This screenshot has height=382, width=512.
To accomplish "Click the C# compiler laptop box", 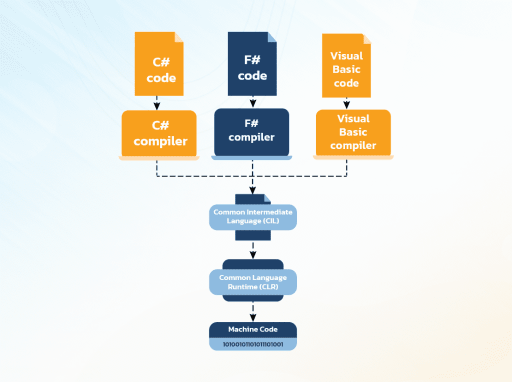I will pyautogui.click(x=159, y=133).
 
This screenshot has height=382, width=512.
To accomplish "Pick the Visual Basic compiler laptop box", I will pyautogui.click(x=353, y=132).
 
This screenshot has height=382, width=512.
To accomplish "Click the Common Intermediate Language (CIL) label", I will pyautogui.click(x=253, y=216).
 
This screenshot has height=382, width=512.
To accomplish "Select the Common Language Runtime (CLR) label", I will pyautogui.click(x=253, y=282).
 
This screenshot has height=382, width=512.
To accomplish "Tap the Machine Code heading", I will pyautogui.click(x=253, y=329).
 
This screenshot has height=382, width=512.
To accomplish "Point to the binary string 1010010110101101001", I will pyautogui.click(x=253, y=344).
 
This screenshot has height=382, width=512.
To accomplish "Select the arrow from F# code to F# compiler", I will pyautogui.click(x=253, y=101).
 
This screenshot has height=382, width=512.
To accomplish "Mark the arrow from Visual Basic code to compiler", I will pyautogui.click(x=346, y=103).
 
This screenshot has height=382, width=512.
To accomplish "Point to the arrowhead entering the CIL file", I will pyautogui.click(x=253, y=190).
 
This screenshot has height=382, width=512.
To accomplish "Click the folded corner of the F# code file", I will pyautogui.click(x=272, y=36).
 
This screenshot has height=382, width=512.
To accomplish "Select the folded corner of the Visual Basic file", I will pyautogui.click(x=366, y=38).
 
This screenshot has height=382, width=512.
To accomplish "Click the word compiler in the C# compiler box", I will pyautogui.click(x=160, y=141).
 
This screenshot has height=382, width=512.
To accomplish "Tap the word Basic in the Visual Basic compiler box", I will pyautogui.click(x=353, y=132).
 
